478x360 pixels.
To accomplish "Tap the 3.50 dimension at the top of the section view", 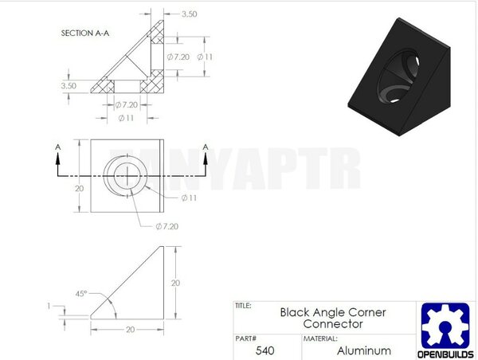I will (190, 14).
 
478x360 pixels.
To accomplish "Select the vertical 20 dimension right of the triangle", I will (175, 283).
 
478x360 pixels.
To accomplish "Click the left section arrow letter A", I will (57, 147).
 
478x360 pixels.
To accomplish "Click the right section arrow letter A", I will (206, 147).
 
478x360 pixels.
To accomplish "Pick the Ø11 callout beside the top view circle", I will (190, 198).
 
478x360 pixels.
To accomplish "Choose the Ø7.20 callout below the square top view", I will (168, 227).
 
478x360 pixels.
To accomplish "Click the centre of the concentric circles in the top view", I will (126, 176).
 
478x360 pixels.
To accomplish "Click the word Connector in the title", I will (333, 324).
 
